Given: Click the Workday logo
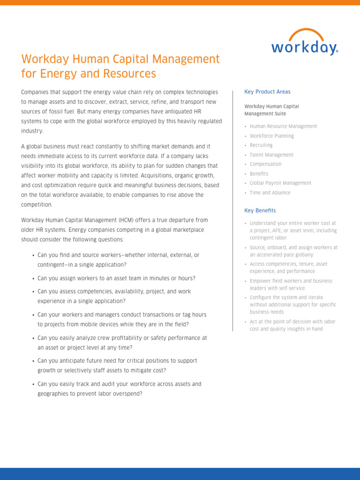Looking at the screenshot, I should click(x=304, y=47).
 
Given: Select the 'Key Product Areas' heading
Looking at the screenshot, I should click(x=267, y=92).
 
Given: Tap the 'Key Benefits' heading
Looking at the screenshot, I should click(x=260, y=210).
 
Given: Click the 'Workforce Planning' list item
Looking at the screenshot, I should click(x=272, y=136).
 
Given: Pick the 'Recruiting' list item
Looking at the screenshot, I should click(x=261, y=145).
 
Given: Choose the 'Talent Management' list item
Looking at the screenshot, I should click(x=271, y=155).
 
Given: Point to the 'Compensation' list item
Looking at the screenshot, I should click(x=265, y=164).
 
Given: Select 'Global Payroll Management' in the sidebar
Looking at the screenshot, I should click(x=280, y=183).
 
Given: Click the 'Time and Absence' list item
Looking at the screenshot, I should click(x=270, y=193).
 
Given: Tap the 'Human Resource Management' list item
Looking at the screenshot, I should click(x=283, y=127).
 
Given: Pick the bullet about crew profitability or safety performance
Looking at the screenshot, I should click(x=122, y=342).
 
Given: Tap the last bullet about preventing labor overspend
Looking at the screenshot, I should click(x=119, y=389).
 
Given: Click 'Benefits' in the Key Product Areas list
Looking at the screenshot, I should click(x=259, y=174).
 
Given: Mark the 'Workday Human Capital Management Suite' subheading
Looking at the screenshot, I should click(x=271, y=110).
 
